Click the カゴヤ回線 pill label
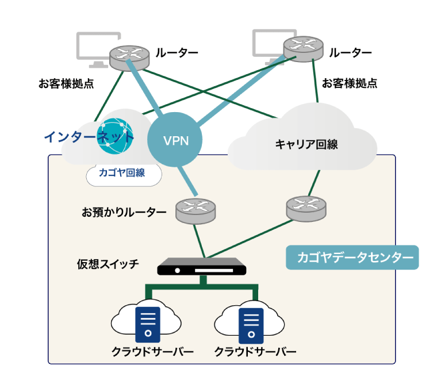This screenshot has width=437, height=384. click(121, 172)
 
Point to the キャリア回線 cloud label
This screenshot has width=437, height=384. click(306, 144)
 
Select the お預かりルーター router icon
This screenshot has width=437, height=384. click(194, 211)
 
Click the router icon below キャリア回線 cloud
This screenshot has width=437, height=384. click(306, 207)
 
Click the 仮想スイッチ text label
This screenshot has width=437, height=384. click(108, 264)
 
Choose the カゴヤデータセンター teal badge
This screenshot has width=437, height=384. click(352, 258)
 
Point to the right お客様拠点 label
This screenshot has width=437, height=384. click(350, 83)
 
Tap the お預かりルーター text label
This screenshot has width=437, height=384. click(124, 212)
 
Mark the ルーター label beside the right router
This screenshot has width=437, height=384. click(350, 53)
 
